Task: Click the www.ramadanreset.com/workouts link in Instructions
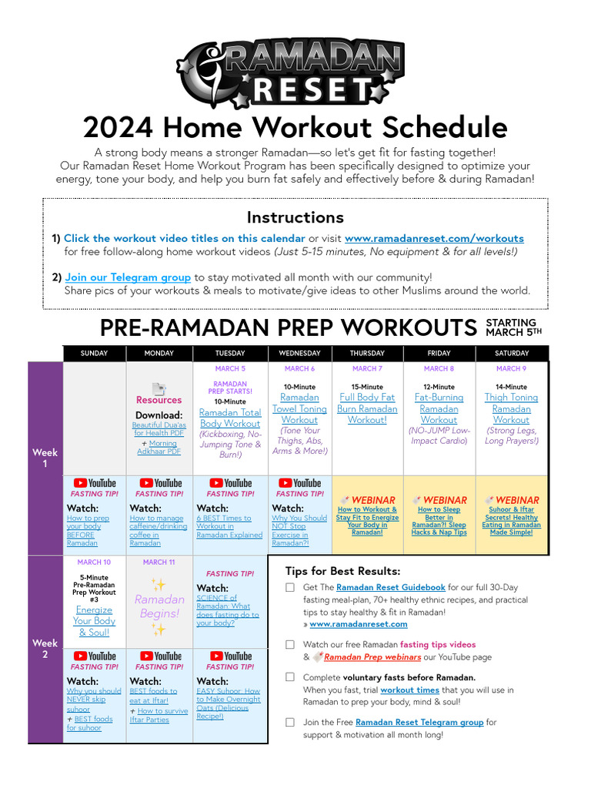pyautogui.click(x=434, y=239)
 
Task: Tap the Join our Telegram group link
pyautogui.click(x=128, y=277)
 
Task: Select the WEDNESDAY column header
pyautogui.click(x=299, y=354)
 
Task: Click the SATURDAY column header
pyautogui.click(x=511, y=354)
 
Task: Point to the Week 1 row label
pyautogui.click(x=45, y=458)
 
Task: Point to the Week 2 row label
pyautogui.click(x=45, y=649)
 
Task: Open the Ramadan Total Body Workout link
pyautogui.click(x=230, y=418)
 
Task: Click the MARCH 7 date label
pyautogui.click(x=367, y=369)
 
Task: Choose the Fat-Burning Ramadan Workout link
pyautogui.click(x=439, y=409)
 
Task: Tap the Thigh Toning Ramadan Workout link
pyautogui.click(x=511, y=409)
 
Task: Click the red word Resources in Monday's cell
pyautogui.click(x=159, y=401)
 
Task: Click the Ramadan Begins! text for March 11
pyautogui.click(x=159, y=606)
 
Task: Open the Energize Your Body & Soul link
pyautogui.click(x=94, y=621)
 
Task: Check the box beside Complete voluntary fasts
pyautogui.click(x=290, y=677)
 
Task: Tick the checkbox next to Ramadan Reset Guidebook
pyautogui.click(x=290, y=587)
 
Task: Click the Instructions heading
pyautogui.click(x=295, y=217)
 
